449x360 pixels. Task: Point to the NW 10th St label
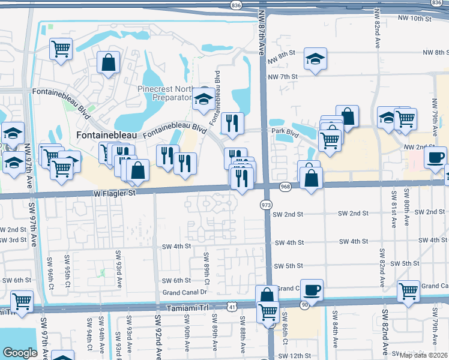click(415, 19)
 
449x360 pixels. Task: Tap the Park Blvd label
click(285, 131)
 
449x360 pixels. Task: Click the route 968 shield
click(285, 187)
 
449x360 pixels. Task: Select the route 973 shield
click(265, 205)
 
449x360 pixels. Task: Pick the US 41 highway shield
click(232, 307)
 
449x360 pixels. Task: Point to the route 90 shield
click(304, 305)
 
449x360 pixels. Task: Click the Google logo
click(20, 353)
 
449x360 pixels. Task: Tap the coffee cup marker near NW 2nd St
click(435, 157)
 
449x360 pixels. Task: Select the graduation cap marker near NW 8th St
click(313, 59)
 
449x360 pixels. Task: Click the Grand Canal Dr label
click(185, 293)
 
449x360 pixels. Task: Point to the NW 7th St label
click(283, 77)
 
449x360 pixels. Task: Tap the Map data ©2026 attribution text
click(424, 355)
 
